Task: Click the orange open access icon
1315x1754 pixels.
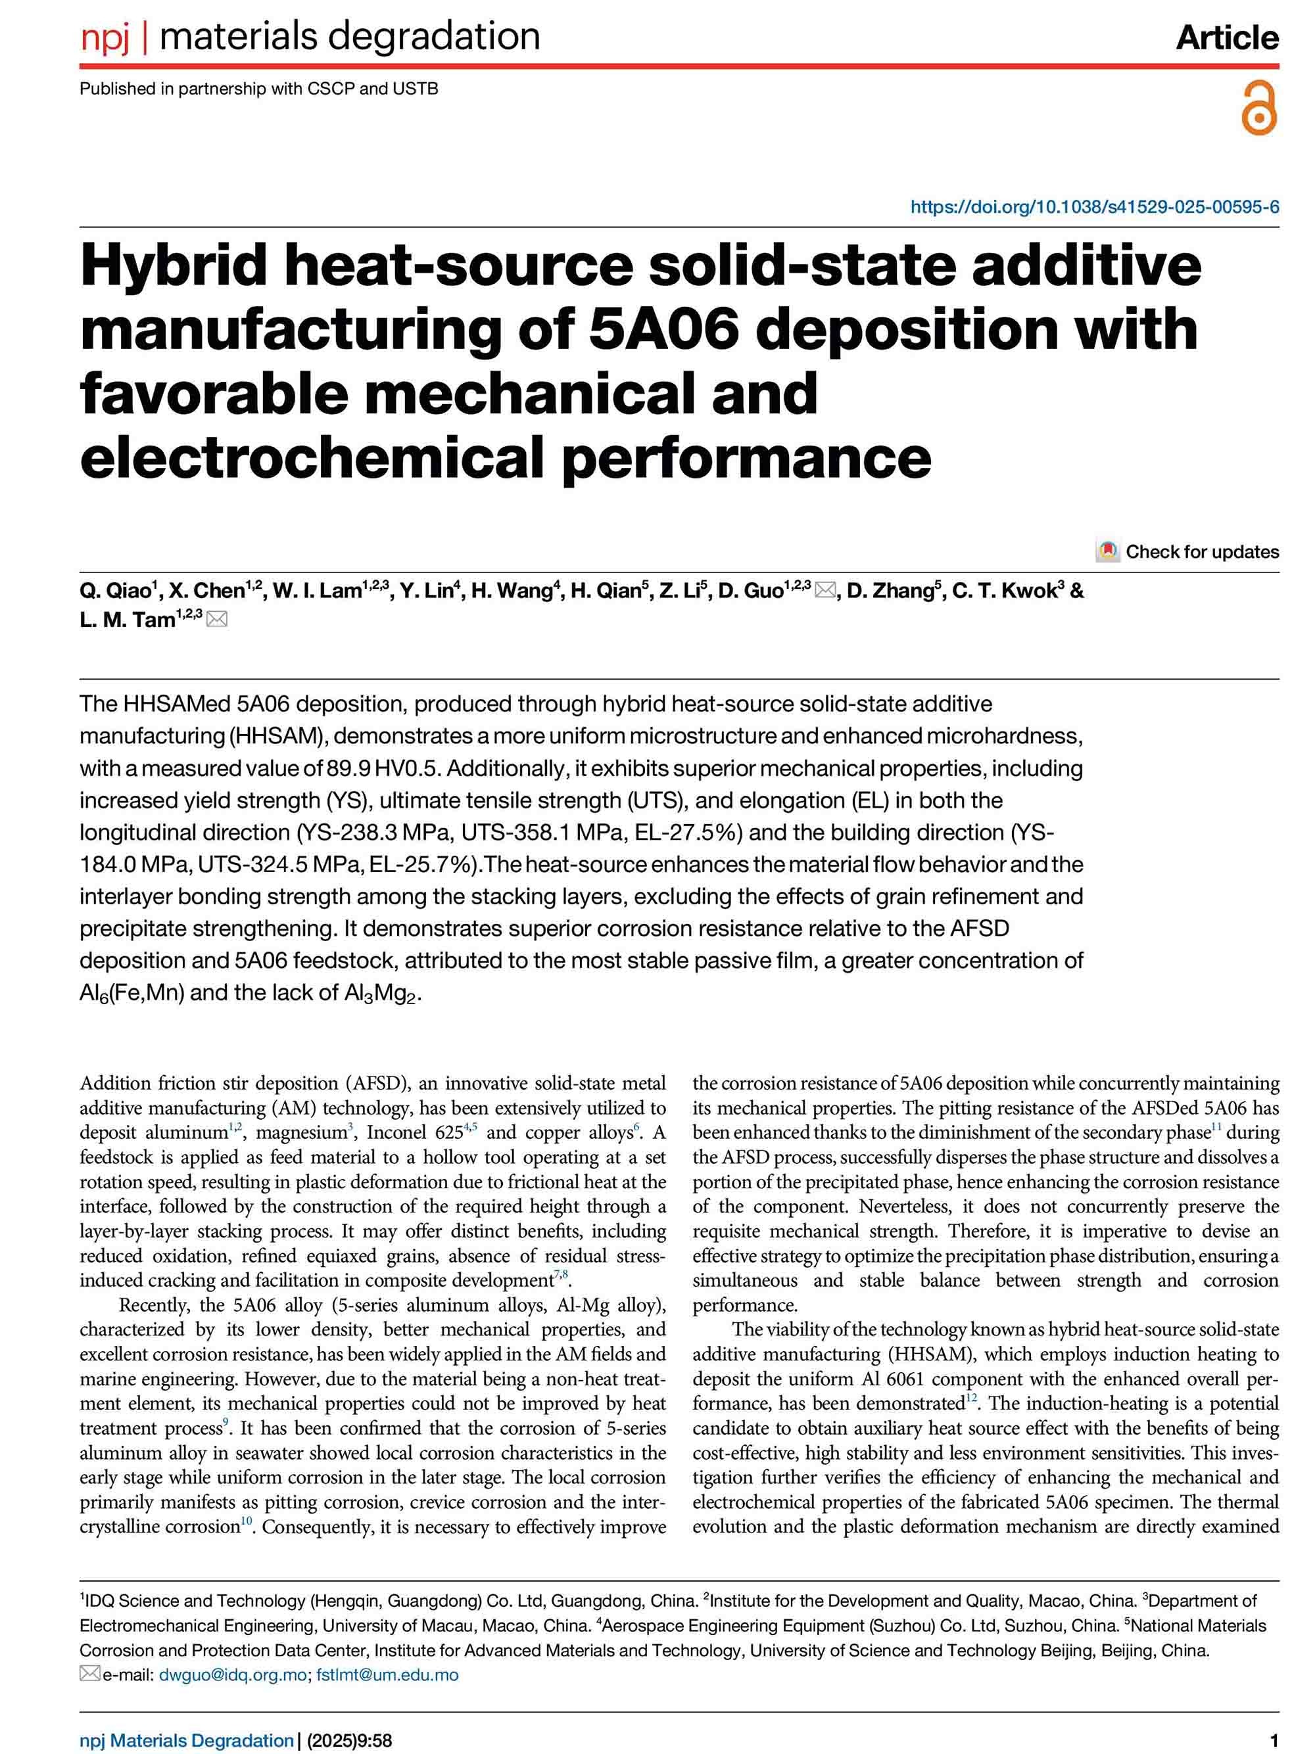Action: (1258, 107)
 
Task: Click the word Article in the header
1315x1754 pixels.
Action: (1226, 37)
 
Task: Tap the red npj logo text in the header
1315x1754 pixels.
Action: (105, 37)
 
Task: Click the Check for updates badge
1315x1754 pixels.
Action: (1187, 551)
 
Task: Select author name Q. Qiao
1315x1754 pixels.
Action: (115, 591)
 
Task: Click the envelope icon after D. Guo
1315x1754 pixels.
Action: (825, 591)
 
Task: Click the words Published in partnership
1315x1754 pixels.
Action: (173, 89)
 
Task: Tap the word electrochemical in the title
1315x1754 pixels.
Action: (314, 457)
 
